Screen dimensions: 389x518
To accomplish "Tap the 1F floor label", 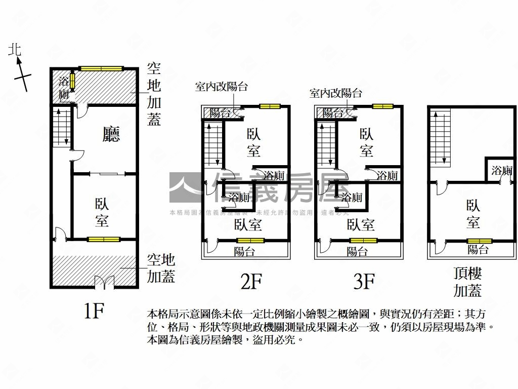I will tap(94, 311).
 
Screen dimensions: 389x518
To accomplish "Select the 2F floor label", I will tap(251, 282).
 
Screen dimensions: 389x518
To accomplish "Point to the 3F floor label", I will tap(364, 282).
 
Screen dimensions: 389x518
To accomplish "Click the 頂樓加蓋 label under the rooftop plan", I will tap(468, 282).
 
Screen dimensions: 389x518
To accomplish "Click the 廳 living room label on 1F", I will tap(111, 134).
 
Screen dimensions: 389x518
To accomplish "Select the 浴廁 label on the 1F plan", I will tap(63, 87).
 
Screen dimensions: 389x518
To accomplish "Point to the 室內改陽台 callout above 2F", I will tap(221, 87).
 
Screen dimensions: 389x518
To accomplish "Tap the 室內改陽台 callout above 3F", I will tap(335, 93).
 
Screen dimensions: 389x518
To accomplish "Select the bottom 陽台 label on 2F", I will tap(245, 252).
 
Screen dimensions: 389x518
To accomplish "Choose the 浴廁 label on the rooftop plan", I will tap(501, 171).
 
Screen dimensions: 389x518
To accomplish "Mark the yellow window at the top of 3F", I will tap(382, 106).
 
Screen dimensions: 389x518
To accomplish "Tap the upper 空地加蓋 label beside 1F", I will tap(154, 94).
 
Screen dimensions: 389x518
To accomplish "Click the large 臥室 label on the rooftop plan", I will tap(473, 214).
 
